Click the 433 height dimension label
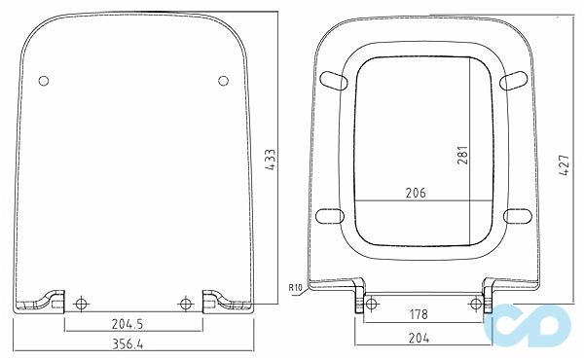[x=271, y=160]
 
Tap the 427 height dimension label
[x=565, y=165]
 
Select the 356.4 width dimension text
[x=128, y=344]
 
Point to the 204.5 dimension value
[x=128, y=324]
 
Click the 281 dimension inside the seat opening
[x=462, y=155]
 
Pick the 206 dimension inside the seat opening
[x=416, y=193]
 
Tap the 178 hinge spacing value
[x=419, y=314]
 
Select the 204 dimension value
[x=419, y=338]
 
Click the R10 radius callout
[x=295, y=287]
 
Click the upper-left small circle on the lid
[x=44, y=81]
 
